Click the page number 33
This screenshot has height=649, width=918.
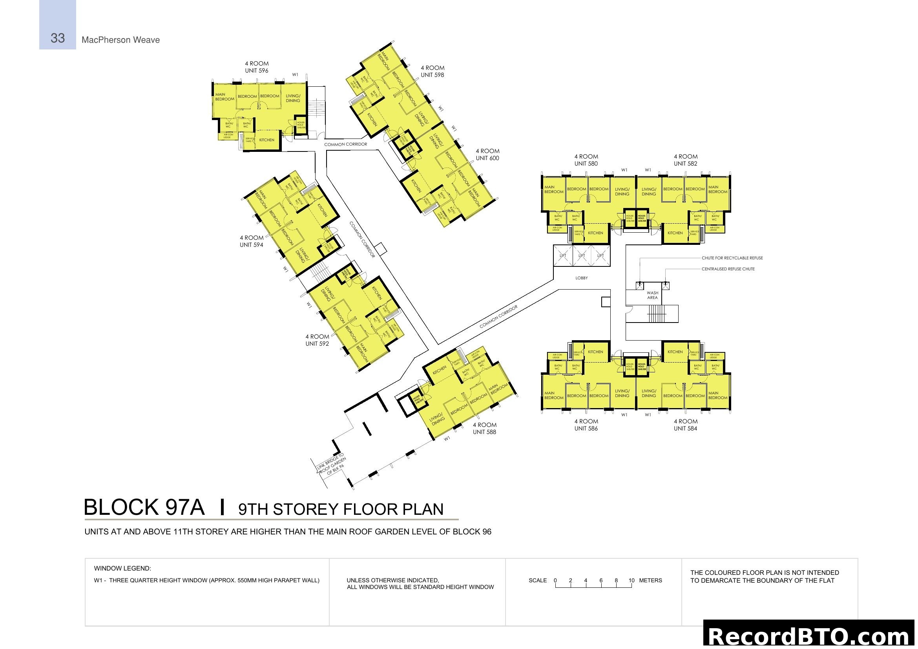pyautogui.click(x=58, y=38)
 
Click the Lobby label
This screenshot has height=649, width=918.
pyautogui.click(x=582, y=278)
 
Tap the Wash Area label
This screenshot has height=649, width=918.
pyautogui.click(x=652, y=295)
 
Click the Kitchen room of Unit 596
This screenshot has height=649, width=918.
pyautogui.click(x=266, y=140)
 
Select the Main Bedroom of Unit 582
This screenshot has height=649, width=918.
pyautogui.click(x=718, y=190)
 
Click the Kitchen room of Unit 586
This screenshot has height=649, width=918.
pyautogui.click(x=595, y=352)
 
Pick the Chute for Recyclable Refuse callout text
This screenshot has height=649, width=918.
pyautogui.click(x=732, y=258)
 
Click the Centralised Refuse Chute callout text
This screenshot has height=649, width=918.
pyautogui.click(x=728, y=269)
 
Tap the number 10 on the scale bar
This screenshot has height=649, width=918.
pyautogui.click(x=631, y=580)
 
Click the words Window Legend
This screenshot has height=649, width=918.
pyautogui.click(x=122, y=568)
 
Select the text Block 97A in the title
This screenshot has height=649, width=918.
pyautogui.click(x=144, y=507)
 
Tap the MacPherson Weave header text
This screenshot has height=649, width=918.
pyautogui.click(x=120, y=40)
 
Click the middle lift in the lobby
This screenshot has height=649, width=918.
pyautogui.click(x=582, y=256)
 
